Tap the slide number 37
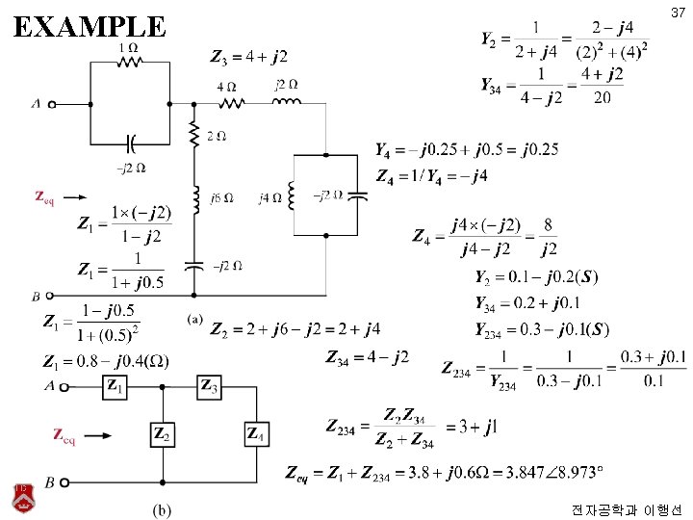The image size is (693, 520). click(x=678, y=13)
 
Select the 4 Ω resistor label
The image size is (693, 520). click(x=225, y=86)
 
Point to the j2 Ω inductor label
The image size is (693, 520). click(x=286, y=85)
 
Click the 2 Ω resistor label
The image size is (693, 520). click(x=217, y=137)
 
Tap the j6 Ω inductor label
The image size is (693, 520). click(x=220, y=198)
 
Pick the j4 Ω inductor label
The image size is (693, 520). click(x=270, y=198)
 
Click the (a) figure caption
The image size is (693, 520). click(x=194, y=319)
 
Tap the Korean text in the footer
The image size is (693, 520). click(x=626, y=507)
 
